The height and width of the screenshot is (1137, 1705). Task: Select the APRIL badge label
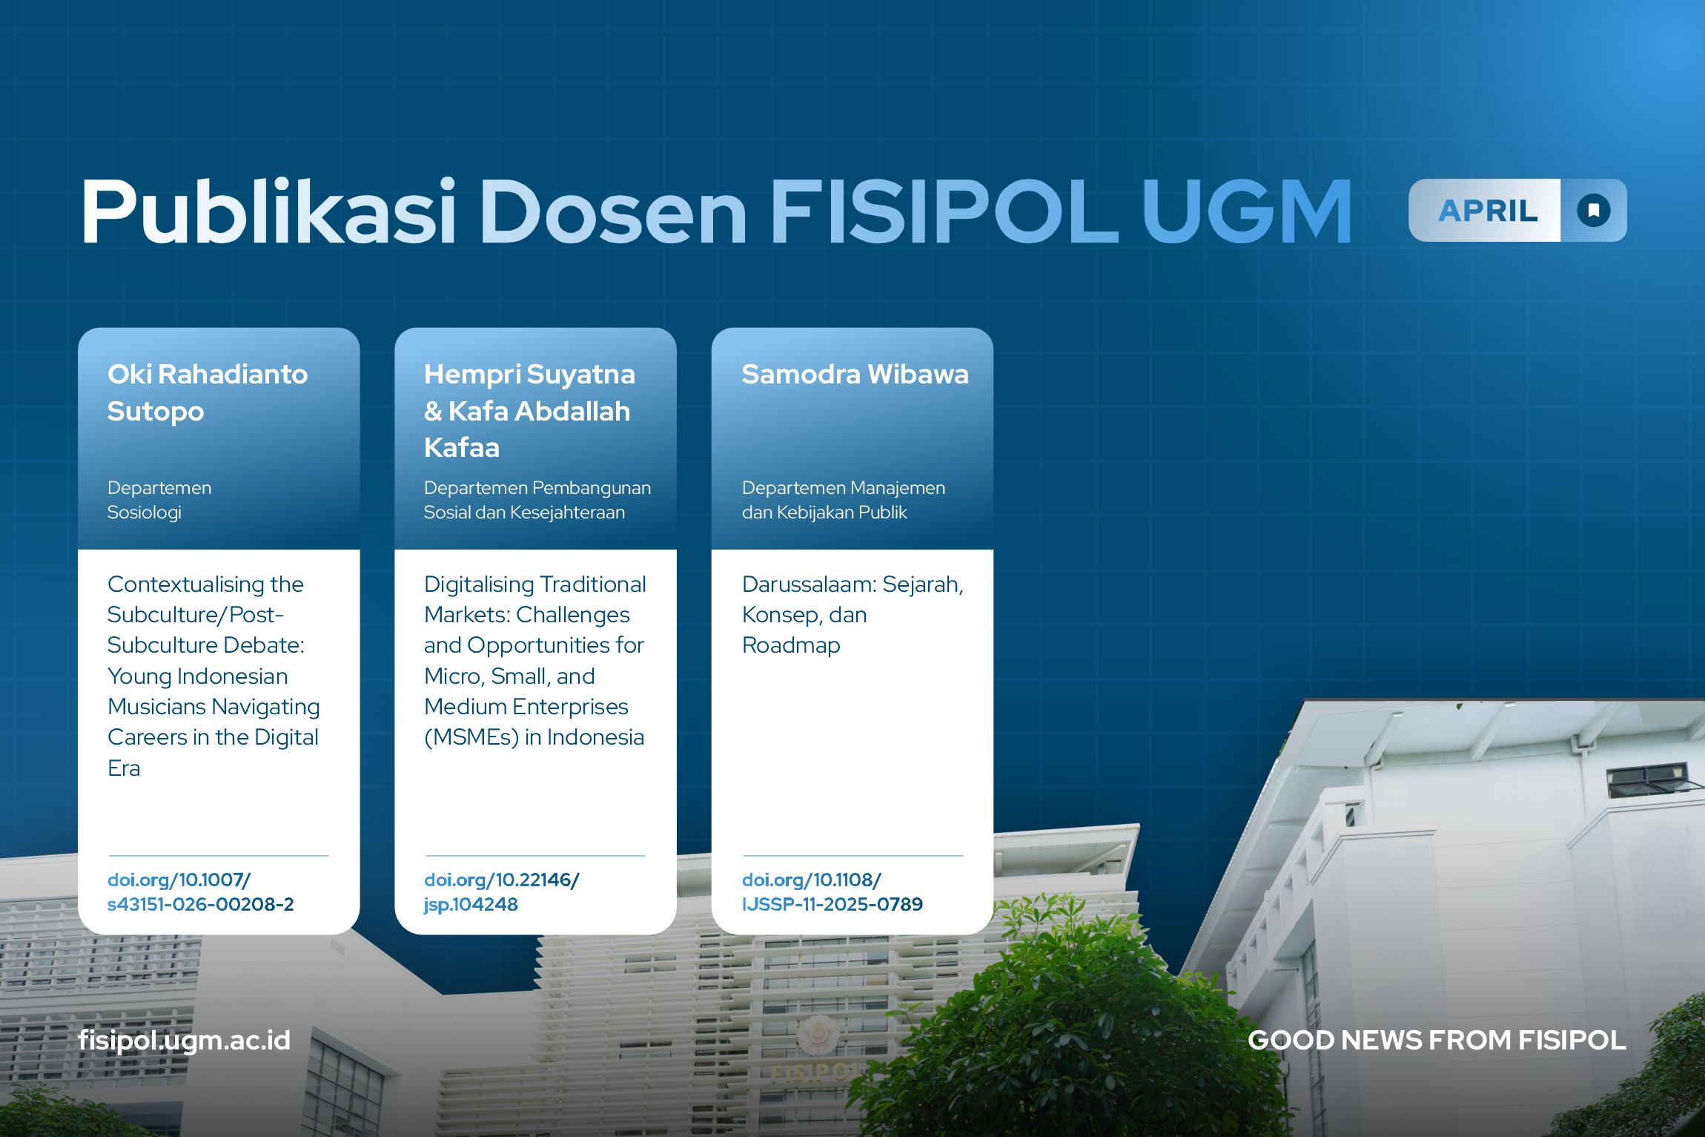[1488, 211]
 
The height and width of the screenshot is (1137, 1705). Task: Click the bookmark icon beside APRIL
[1594, 211]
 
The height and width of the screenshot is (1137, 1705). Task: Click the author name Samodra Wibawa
[855, 375]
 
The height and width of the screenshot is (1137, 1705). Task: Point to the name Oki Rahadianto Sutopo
[208, 392]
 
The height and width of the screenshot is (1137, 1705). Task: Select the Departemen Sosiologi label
[159, 500]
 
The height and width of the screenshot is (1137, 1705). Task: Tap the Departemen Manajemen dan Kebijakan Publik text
[844, 500]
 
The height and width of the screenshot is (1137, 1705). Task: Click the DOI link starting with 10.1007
[200, 892]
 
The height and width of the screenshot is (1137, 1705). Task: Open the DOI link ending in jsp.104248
[501, 892]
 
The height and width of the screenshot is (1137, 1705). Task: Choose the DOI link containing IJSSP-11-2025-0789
[832, 892]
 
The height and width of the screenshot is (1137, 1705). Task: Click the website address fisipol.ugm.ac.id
[185, 1041]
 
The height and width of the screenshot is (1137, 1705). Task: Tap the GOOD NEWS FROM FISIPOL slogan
[1437, 1041]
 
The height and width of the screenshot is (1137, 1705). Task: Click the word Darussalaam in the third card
[808, 584]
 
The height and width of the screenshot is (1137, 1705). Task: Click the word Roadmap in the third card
[791, 646]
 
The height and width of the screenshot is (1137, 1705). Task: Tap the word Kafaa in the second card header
[462, 448]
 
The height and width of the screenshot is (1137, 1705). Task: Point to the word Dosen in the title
[613, 212]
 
